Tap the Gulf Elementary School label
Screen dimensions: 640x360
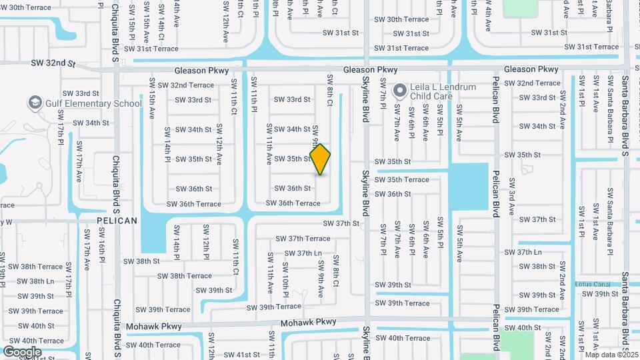[93, 103]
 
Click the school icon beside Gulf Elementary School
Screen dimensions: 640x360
[35, 103]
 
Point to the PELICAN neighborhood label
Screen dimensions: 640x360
[117, 220]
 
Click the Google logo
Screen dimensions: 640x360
[22, 352]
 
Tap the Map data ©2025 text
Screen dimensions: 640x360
[611, 355]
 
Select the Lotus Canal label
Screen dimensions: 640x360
[593, 284]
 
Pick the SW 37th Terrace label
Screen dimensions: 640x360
[303, 238]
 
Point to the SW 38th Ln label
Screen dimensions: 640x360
[37, 281]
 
